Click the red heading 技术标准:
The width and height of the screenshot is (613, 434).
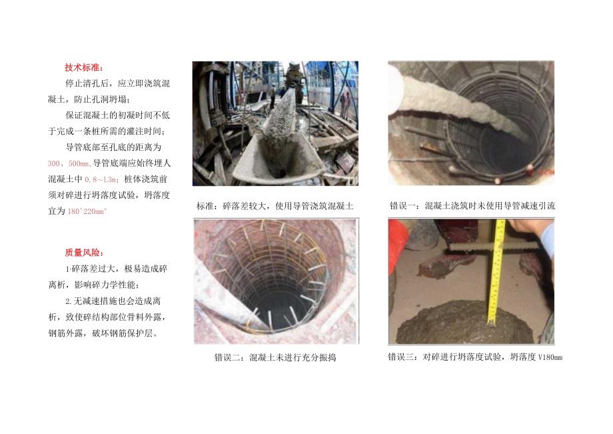point(85,67)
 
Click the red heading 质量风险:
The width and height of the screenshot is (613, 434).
point(84,253)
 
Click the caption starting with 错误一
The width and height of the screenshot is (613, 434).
point(472,206)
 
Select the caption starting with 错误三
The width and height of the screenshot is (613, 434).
point(474,357)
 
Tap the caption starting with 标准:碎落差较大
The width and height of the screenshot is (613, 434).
point(275,206)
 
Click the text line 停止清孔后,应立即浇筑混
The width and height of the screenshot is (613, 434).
point(117,83)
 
